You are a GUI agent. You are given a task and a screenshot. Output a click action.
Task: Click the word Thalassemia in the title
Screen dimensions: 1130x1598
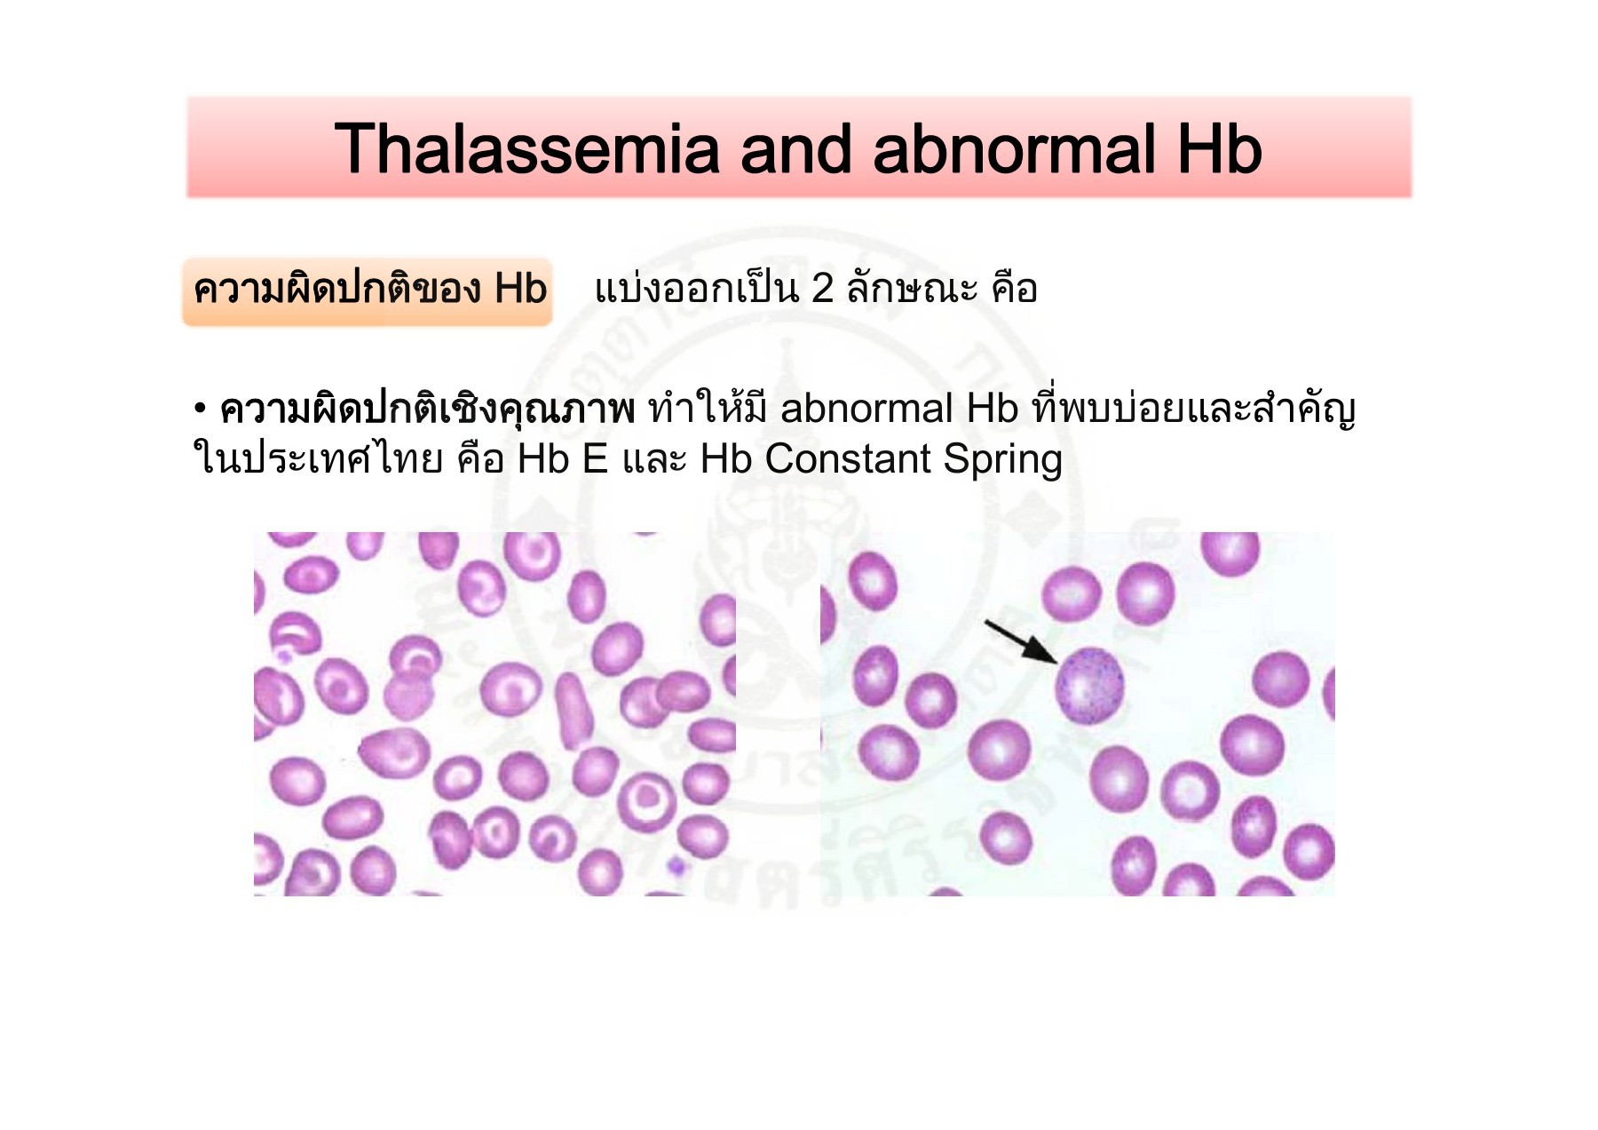click(x=526, y=149)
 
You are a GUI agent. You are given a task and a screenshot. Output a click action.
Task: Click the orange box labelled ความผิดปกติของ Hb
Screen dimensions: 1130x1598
click(x=368, y=290)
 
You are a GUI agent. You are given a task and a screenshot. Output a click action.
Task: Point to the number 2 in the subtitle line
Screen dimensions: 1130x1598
click(x=822, y=289)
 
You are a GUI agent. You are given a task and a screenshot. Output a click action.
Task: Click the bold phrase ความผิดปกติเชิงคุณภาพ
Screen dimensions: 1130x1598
click(x=427, y=410)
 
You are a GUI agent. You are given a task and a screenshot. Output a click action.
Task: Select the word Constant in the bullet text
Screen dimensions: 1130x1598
click(x=848, y=460)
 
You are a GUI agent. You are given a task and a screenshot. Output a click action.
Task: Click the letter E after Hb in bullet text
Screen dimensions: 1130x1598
click(x=594, y=460)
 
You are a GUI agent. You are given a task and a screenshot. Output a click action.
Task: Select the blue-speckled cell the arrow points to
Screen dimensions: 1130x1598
click(x=1089, y=686)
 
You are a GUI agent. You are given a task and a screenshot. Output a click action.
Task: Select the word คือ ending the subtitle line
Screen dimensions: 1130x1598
click(x=1015, y=289)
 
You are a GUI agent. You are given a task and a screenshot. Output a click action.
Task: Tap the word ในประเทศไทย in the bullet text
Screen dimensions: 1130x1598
click(x=318, y=460)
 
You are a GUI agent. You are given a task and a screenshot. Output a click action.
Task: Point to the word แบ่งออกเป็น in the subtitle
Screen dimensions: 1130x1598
click(x=696, y=289)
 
